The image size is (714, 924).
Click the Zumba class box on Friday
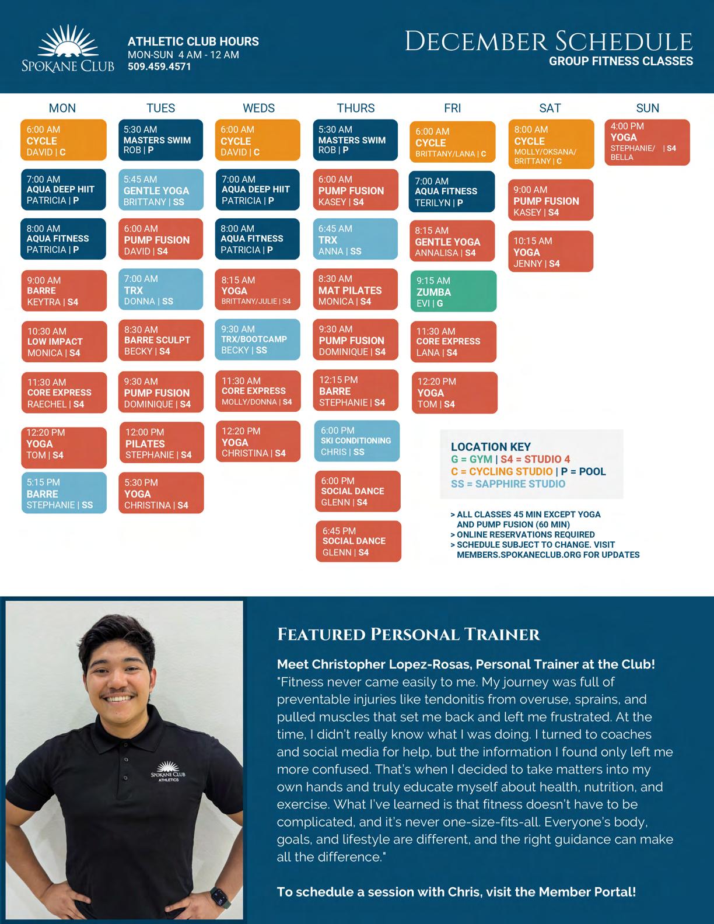(x=453, y=291)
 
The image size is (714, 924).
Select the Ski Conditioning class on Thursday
(x=357, y=441)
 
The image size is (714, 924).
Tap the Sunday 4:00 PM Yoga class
(x=647, y=142)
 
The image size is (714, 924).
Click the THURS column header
(x=356, y=108)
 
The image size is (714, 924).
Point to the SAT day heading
(x=550, y=108)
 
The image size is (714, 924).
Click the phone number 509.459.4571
(x=159, y=66)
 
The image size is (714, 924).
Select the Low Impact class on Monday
(x=64, y=341)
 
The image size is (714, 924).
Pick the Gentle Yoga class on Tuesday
(x=160, y=190)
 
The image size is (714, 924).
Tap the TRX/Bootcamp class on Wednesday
(x=257, y=339)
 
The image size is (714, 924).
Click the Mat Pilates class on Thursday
(x=356, y=290)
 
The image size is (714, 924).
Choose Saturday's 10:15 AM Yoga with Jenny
(x=550, y=251)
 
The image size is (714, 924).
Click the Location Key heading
(x=491, y=447)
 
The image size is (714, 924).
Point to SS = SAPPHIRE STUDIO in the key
(x=508, y=484)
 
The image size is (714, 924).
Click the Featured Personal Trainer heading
(x=408, y=634)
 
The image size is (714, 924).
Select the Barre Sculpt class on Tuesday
(x=161, y=340)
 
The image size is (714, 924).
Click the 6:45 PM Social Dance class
(x=358, y=541)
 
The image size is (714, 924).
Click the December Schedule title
(x=549, y=41)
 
